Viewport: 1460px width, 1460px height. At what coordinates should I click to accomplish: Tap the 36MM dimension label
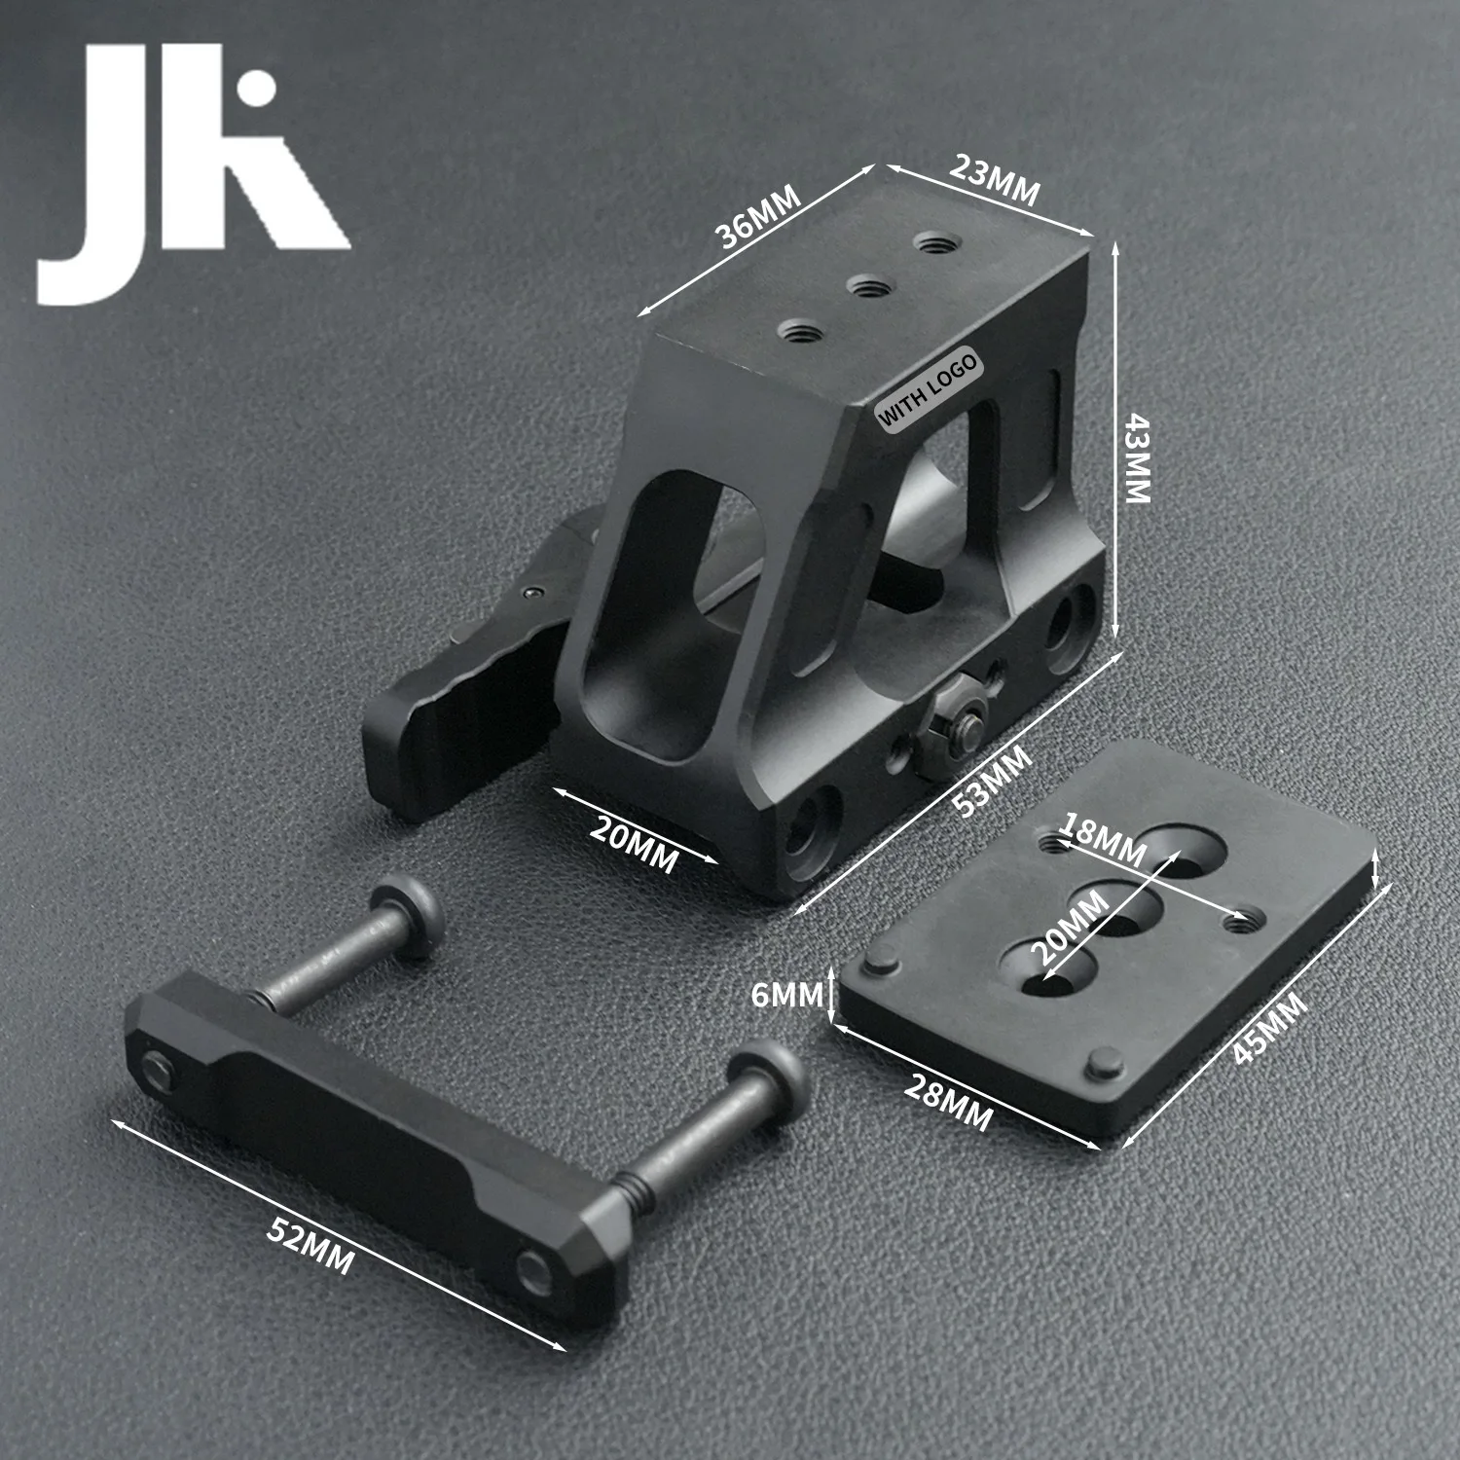click(758, 217)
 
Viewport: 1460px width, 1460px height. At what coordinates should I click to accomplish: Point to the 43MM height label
click(1137, 456)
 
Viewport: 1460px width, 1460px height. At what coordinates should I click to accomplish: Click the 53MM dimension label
click(990, 781)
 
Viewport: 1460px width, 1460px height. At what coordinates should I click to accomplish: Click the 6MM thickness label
click(787, 995)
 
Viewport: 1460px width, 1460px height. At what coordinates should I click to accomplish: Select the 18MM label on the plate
click(1103, 841)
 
